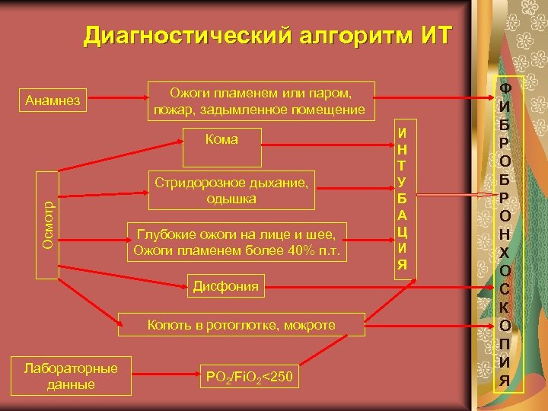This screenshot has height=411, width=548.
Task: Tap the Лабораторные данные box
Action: pos(71,376)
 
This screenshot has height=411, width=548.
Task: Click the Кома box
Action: pos(222,139)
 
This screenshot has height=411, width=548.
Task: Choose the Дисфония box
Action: pos(225,287)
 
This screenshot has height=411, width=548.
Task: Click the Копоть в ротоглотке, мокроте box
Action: pos(241,325)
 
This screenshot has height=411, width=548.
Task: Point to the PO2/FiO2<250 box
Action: pos(248,377)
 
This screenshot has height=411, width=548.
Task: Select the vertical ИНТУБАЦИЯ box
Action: pos(401,199)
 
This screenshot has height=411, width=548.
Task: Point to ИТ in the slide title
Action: pos(435,36)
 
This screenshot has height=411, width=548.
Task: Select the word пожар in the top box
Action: pos(173,110)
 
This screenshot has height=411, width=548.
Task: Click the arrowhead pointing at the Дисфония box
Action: pos(185,287)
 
